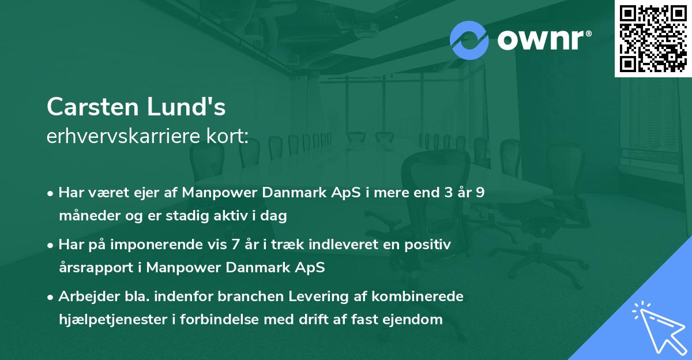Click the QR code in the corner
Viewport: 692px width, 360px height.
[653, 39]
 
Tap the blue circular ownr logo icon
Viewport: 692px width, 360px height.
[469, 40]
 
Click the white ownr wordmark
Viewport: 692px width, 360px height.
[544, 40]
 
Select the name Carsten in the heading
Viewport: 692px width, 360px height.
[93, 107]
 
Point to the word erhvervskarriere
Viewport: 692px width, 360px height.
[123, 136]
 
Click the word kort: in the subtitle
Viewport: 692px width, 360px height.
[227, 136]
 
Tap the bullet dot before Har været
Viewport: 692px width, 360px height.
[50, 194]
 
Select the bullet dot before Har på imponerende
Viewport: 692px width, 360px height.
[50, 246]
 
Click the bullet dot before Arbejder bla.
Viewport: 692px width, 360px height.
[50, 298]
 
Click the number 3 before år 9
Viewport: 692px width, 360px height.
[449, 193]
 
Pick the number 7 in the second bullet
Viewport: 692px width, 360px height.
[235, 245]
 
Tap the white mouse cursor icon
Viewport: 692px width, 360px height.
[660, 327]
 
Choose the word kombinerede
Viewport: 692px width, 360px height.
[418, 297]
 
